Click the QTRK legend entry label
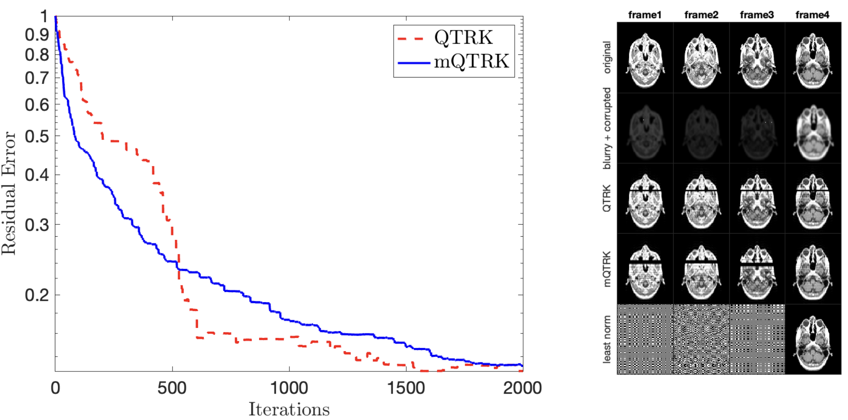(x=463, y=38)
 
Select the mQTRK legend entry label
(x=471, y=61)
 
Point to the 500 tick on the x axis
(x=172, y=388)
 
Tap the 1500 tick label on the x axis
(x=406, y=388)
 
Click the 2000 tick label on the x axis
(x=522, y=388)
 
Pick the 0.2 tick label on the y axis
(x=37, y=295)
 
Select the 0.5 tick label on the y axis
(x=37, y=136)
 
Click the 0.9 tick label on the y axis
(x=37, y=34)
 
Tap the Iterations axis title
(x=289, y=410)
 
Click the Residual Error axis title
(x=9, y=193)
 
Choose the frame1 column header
(x=645, y=15)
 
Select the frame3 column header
(x=756, y=15)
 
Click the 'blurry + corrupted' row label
(x=607, y=129)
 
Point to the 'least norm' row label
(x=607, y=339)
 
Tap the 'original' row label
(x=607, y=58)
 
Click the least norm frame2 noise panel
(x=701, y=339)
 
